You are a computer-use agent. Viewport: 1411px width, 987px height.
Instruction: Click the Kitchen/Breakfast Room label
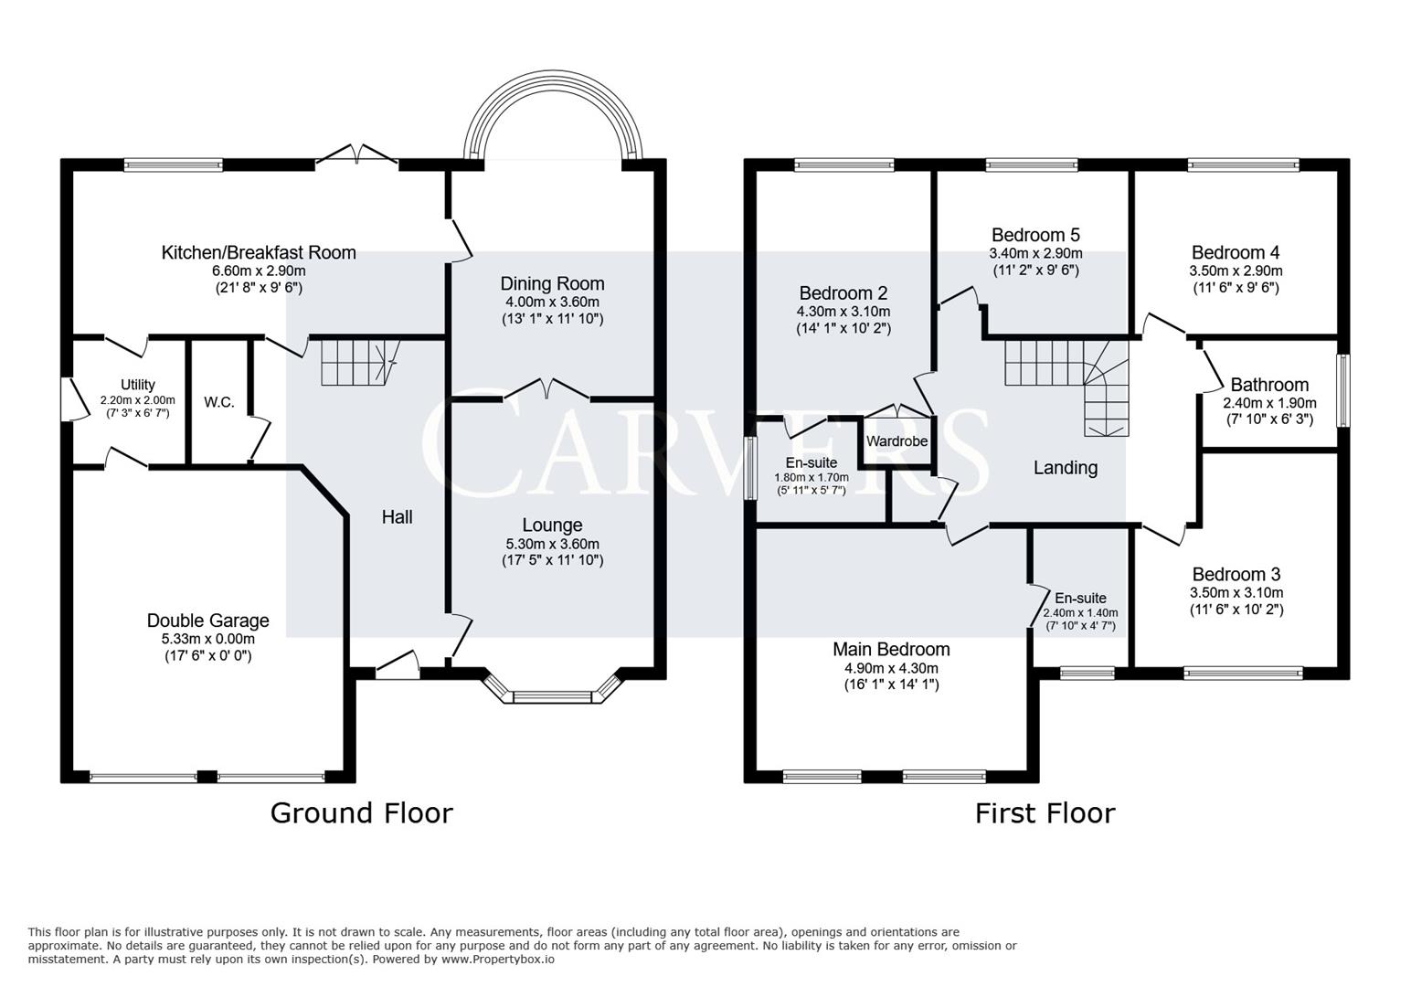[259, 252]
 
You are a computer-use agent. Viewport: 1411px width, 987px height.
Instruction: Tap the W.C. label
[219, 402]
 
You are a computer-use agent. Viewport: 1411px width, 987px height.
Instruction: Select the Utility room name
[137, 385]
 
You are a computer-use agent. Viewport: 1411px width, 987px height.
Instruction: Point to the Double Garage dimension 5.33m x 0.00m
[207, 639]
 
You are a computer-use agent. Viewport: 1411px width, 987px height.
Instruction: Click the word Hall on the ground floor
[397, 517]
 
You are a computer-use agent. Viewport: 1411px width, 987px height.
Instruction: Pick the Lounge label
[552, 525]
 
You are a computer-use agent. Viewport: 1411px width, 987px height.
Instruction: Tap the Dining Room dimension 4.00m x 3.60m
[552, 302]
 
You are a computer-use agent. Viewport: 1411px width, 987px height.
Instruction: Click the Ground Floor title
[361, 812]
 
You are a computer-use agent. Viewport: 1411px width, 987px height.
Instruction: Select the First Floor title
[1045, 812]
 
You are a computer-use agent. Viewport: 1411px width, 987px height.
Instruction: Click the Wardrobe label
[896, 441]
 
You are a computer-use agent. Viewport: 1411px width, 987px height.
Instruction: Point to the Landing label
[1065, 468]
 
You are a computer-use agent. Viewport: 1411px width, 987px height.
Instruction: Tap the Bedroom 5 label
[1035, 235]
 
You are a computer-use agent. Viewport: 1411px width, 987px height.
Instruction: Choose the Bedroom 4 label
[1236, 252]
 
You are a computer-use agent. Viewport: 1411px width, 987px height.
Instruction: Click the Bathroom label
[1269, 385]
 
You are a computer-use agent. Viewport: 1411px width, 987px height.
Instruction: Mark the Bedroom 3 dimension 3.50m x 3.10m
[1236, 592]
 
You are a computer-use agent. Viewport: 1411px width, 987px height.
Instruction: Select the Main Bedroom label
[891, 649]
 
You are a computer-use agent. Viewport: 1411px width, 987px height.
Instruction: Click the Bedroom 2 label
[843, 293]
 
